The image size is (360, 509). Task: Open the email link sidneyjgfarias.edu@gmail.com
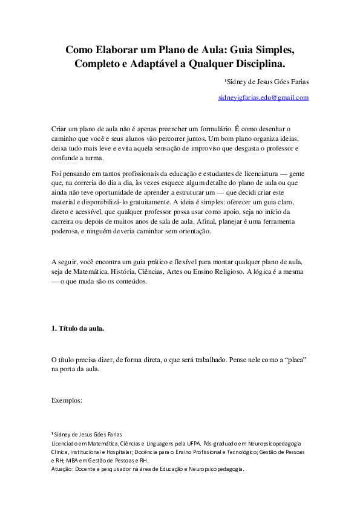coord(264,97)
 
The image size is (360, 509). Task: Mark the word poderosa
coord(68,231)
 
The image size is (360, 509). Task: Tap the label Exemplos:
coord(67,400)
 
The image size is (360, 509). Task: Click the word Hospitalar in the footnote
coord(126,451)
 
